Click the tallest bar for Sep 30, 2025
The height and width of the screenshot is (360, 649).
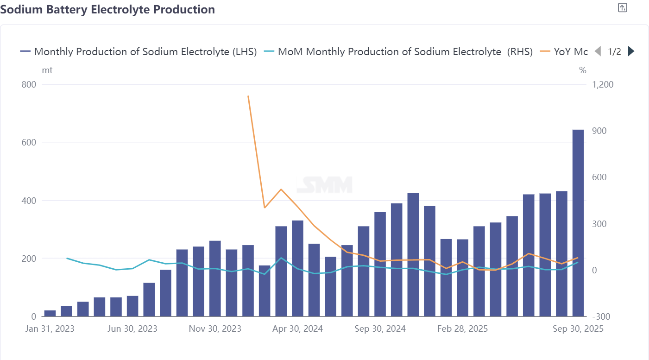pos(578,222)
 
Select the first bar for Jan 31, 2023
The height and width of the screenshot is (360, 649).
pos(50,313)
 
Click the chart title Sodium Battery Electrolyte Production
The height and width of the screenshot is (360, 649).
pos(107,9)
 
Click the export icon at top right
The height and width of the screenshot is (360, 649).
pos(623,7)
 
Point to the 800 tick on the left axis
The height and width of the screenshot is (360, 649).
pos(29,85)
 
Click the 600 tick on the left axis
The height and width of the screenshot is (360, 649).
pos(29,143)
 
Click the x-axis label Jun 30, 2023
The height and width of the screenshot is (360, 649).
pos(132,328)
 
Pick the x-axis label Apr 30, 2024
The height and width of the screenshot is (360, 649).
pos(298,328)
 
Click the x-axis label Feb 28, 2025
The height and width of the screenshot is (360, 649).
pos(463,328)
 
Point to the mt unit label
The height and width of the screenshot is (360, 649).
pos(47,70)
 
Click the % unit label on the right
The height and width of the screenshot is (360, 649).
pos(582,70)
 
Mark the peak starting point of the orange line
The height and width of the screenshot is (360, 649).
pos(248,96)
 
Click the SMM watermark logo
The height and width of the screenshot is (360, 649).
pos(324,184)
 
